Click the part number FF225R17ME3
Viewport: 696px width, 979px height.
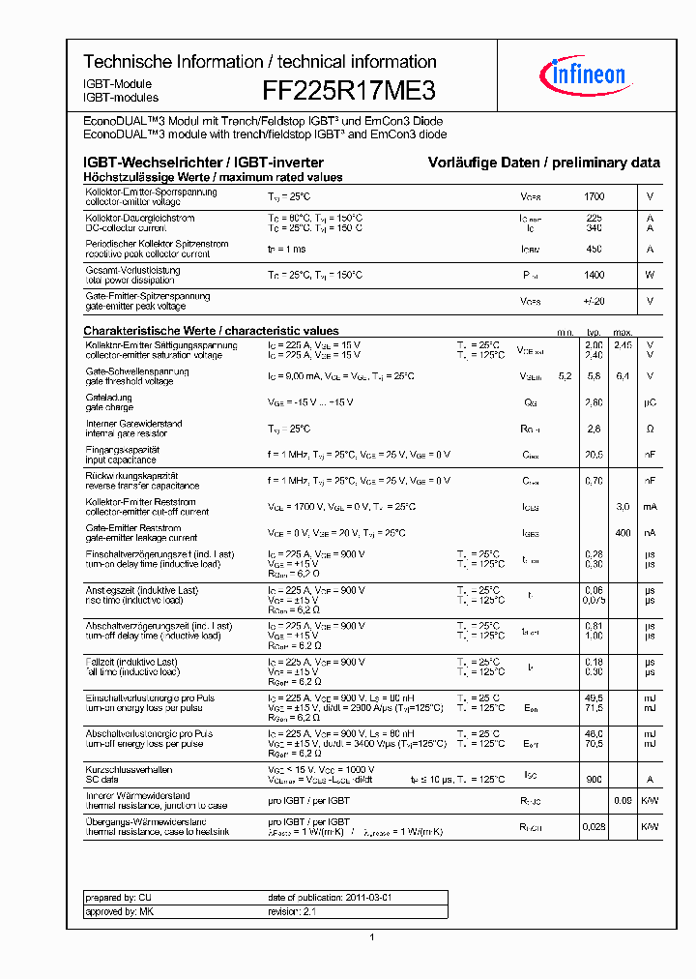coord(349,91)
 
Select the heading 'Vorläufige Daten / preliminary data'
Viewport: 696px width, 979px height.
coord(544,163)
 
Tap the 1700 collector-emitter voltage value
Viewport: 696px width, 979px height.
coord(594,196)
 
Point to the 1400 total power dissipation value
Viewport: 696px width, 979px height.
coord(594,276)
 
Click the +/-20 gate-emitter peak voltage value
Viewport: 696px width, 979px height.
coord(594,302)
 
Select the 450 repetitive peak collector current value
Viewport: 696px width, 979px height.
coord(594,250)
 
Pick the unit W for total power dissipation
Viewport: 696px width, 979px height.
coord(650,276)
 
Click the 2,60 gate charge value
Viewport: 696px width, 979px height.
coord(594,402)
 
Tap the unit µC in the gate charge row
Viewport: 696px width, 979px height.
coord(650,402)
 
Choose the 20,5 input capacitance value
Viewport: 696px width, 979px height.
coord(594,455)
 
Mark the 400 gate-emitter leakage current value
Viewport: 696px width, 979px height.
coord(623,533)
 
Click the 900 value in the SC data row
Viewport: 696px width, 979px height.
coord(594,779)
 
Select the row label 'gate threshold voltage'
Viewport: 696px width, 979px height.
coord(129,381)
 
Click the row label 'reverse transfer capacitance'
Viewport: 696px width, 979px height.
coord(142,486)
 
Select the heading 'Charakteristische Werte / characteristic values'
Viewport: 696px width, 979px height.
coord(211,331)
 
